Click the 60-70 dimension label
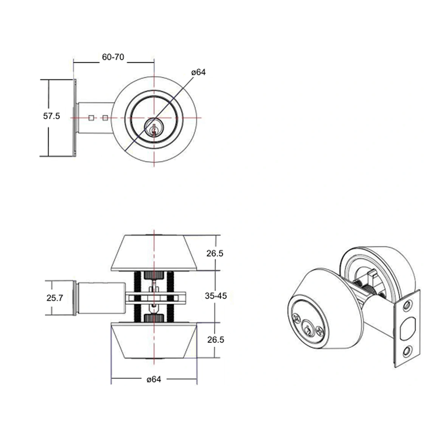pos(113,57)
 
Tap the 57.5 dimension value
pos(51,116)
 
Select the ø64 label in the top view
pos(199,72)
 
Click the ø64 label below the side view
pos(154,379)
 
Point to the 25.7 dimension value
pos(55,298)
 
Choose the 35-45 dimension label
pos(216,296)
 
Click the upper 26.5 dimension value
pos(215,253)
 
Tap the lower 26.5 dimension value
pos(216,339)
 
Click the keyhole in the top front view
pos(154,128)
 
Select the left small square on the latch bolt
pos(91,118)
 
